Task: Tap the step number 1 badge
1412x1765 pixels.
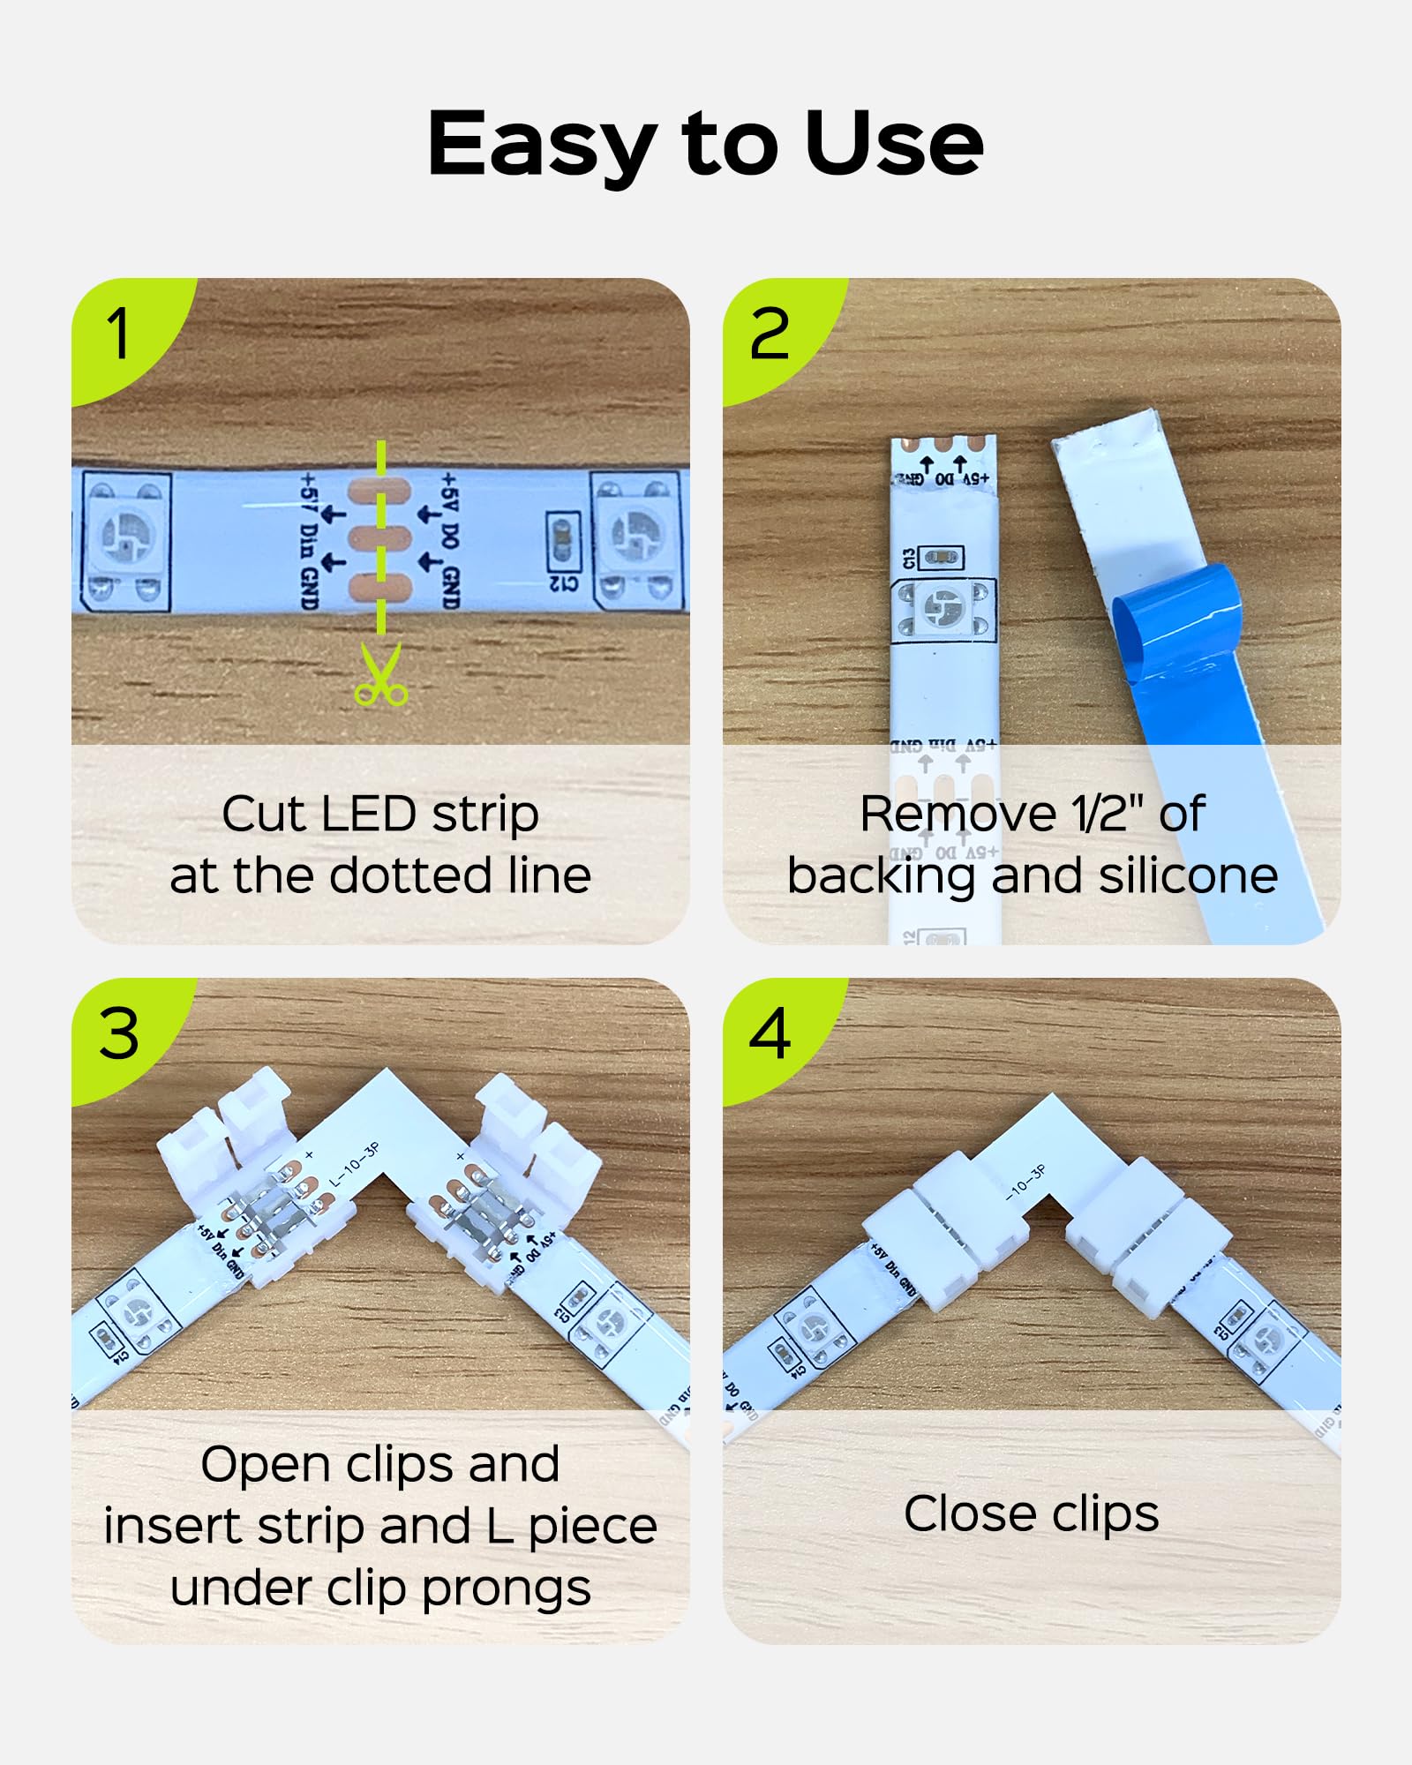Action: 119,334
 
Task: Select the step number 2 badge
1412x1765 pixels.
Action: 770,334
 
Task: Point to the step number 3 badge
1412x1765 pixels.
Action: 119,1033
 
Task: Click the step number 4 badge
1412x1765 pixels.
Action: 770,1033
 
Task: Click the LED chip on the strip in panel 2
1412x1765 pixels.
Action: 943,609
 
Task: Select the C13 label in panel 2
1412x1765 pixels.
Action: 910,559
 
